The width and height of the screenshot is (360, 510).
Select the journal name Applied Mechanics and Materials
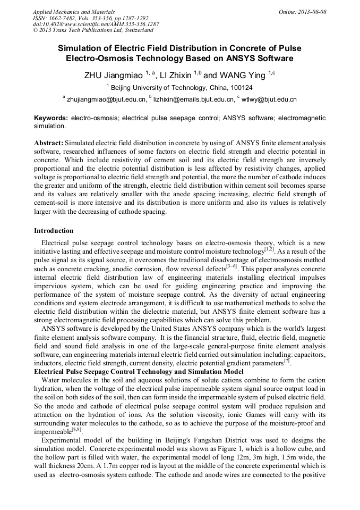point(74,12)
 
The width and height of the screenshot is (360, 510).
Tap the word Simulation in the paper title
point(84,47)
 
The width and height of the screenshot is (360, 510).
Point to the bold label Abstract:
point(49,143)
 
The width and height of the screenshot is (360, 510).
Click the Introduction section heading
point(54,231)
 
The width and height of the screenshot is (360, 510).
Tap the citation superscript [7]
point(286,362)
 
